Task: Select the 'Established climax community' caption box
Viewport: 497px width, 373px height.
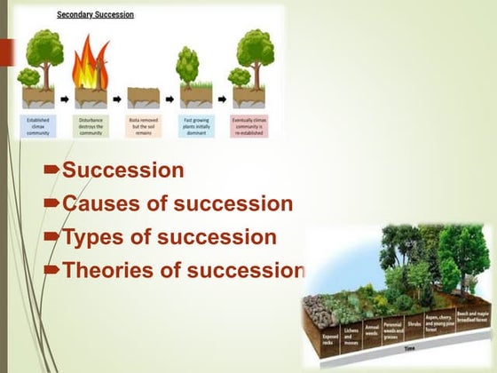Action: coord(38,123)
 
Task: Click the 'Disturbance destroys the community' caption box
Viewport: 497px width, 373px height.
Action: coord(91,123)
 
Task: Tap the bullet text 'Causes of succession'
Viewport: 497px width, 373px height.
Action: coord(177,203)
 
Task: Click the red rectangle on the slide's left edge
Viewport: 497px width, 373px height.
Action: coord(6,52)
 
